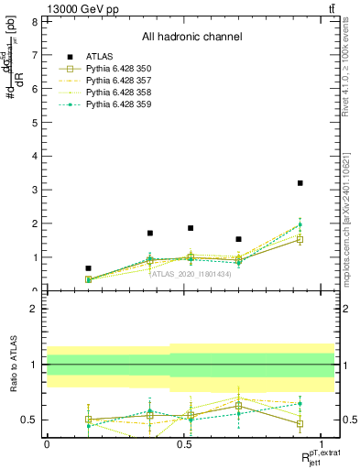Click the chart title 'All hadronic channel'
click(191, 38)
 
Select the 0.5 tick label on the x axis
click(185, 443)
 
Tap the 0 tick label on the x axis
click(47, 443)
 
